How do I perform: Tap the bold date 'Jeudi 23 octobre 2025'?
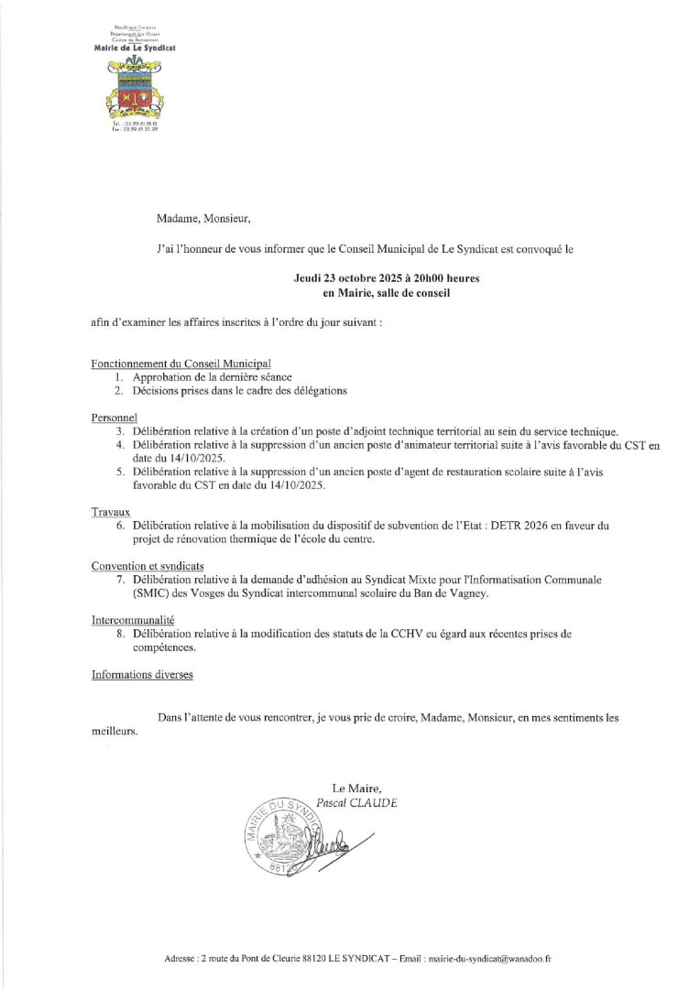click(x=340, y=277)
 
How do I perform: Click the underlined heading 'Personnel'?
click(x=114, y=418)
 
